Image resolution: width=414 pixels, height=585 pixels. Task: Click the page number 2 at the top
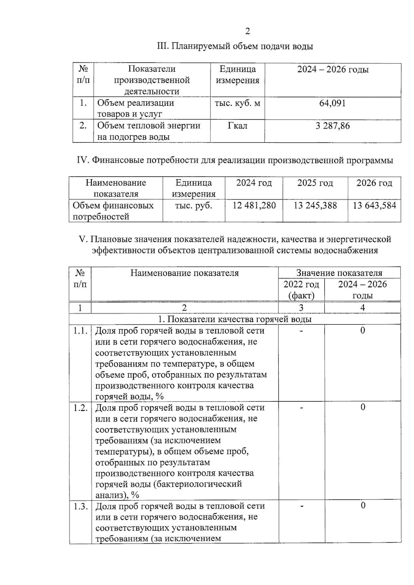247,31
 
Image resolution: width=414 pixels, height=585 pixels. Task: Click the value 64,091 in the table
333,103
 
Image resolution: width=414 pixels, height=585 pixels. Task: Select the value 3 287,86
333,126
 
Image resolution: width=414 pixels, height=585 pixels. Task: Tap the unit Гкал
237,126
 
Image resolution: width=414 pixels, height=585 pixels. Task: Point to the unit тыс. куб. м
237,103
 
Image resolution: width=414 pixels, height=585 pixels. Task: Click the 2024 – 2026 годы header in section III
333,70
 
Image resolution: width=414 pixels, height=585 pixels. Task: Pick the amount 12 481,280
254,206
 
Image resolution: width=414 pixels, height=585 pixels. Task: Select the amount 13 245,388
315,206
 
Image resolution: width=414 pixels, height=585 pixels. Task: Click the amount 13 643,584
374,206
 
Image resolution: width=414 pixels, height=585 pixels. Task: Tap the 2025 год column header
315,183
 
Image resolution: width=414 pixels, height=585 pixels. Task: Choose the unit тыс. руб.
194,206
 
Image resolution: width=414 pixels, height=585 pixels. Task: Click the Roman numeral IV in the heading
83,161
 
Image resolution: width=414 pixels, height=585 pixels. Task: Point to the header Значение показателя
339,273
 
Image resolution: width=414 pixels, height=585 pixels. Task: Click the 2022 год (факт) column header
301,290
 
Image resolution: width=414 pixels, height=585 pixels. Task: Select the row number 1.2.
80,408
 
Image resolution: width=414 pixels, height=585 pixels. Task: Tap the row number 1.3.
80,506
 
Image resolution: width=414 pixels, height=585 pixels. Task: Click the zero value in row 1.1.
363,331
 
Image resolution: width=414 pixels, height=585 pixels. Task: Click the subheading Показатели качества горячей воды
235,319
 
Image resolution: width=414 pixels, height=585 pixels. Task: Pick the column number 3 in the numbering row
301,308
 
